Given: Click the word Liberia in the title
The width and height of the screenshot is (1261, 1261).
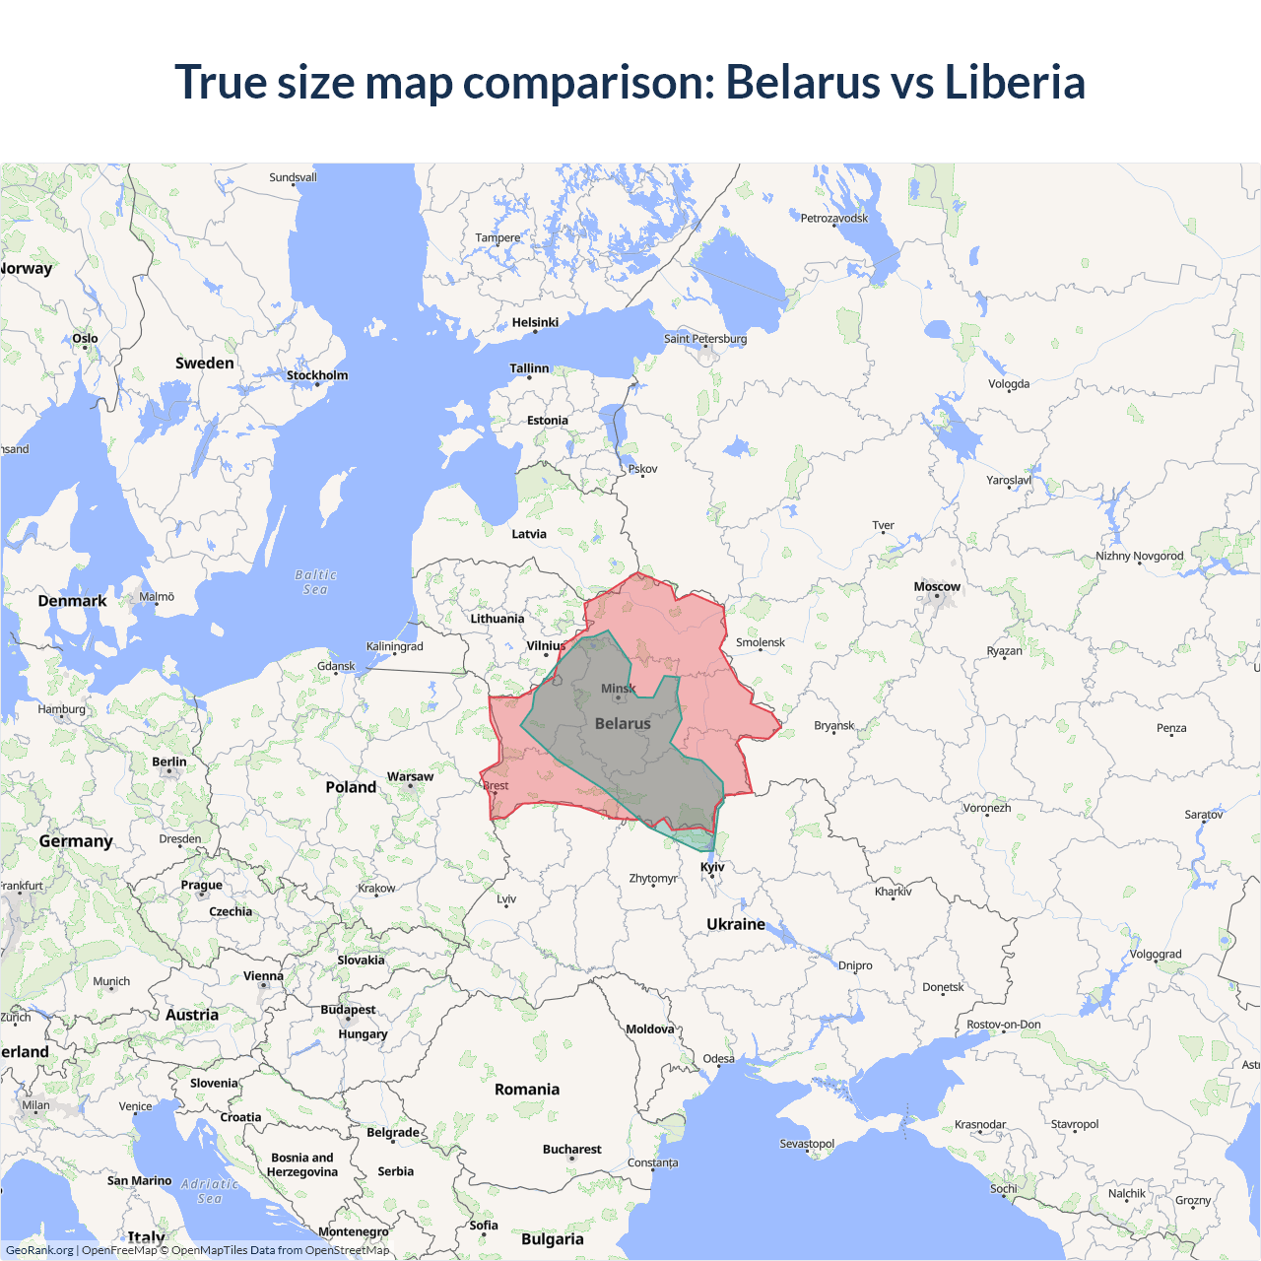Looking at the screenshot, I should point(1014,82).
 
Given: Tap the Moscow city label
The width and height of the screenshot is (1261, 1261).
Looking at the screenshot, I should point(936,587).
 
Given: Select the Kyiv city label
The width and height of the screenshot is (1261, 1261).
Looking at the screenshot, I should point(712,868).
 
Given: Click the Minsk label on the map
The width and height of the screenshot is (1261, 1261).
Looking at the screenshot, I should point(618,689).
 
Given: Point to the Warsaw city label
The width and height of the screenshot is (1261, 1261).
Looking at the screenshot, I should point(410,777).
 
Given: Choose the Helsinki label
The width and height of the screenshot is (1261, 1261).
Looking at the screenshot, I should point(535,323).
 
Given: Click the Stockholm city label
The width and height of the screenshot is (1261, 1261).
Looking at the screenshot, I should point(316,375).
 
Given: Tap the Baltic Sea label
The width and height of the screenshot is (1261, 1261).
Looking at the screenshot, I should point(315,582).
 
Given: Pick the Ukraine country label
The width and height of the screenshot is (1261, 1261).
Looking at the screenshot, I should point(735,924).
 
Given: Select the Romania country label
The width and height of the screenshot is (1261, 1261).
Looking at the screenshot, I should point(527,1090).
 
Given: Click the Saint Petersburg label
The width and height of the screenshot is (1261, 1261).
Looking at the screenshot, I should point(705,339).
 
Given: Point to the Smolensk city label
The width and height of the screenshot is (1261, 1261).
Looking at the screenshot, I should point(761,642).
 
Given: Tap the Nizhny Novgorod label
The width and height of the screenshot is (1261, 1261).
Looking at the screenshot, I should point(1140,557).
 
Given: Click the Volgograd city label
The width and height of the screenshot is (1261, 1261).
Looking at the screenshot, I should point(1155,955).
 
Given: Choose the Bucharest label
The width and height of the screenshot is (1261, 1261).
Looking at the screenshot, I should point(571,1150).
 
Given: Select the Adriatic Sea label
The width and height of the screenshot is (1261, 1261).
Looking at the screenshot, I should point(210,1191).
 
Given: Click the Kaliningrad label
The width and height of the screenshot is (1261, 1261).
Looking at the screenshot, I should point(394,647).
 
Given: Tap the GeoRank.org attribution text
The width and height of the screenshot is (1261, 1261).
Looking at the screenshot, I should point(39,1250).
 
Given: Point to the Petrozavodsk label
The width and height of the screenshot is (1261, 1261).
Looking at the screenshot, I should point(834,219).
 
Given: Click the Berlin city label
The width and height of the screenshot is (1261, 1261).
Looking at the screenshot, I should point(169,763).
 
